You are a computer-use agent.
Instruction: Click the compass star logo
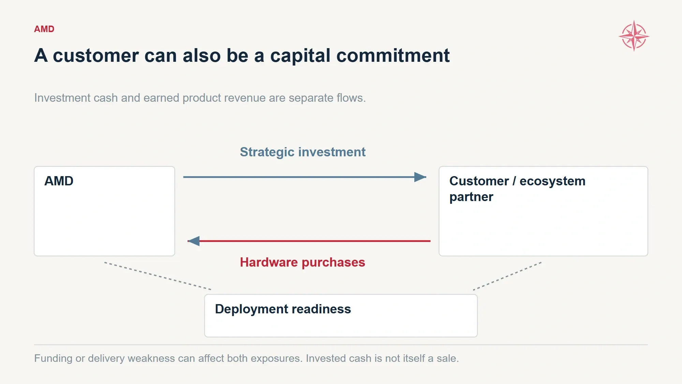pyautogui.click(x=634, y=36)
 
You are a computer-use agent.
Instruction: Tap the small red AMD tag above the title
pyautogui.click(x=44, y=29)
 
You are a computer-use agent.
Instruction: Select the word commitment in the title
pyautogui.click(x=393, y=55)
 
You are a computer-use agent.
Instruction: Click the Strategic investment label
pyautogui.click(x=302, y=152)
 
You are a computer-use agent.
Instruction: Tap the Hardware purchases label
pyautogui.click(x=302, y=262)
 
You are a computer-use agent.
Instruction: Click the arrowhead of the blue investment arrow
pyautogui.click(x=420, y=177)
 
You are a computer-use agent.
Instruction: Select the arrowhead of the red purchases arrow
pyautogui.click(x=194, y=241)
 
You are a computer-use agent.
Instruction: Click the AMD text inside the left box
pyautogui.click(x=59, y=181)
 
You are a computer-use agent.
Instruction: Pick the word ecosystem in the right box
pyautogui.click(x=552, y=181)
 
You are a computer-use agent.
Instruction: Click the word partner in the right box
pyautogui.click(x=471, y=197)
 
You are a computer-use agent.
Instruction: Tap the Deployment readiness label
pyautogui.click(x=283, y=309)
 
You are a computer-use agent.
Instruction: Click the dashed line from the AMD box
pyautogui.click(x=158, y=276)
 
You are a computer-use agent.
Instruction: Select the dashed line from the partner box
pyautogui.click(x=507, y=276)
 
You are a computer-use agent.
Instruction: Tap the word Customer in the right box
pyautogui.click(x=479, y=181)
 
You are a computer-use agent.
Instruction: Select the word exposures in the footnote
pyautogui.click(x=279, y=359)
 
